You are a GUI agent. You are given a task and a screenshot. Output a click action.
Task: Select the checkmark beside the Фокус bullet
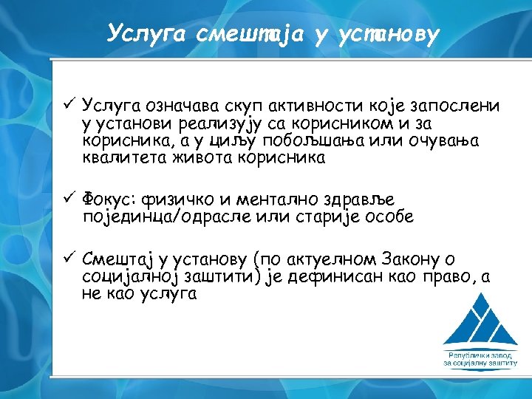68,197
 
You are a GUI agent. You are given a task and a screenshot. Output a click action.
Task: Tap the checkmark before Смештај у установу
68,258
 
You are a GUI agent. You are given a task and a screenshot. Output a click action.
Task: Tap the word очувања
443,140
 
